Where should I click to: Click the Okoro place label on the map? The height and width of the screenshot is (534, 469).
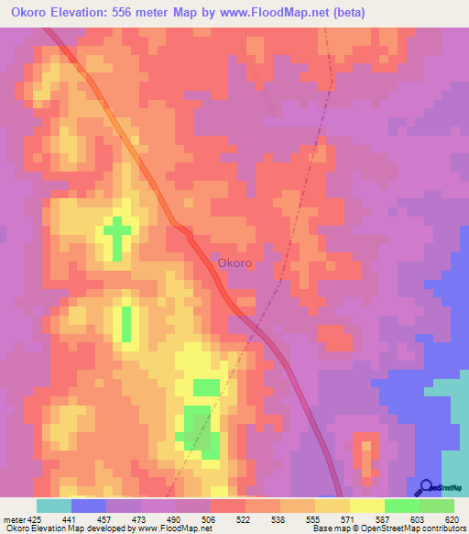pyautogui.click(x=234, y=263)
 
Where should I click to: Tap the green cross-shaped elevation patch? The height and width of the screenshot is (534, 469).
pyautogui.click(x=116, y=237)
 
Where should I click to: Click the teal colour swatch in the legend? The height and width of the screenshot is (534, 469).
pyautogui.click(x=54, y=506)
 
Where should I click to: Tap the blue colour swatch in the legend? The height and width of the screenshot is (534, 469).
pyautogui.click(x=89, y=506)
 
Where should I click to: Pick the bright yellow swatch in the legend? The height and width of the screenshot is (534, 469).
pyautogui.click(x=367, y=506)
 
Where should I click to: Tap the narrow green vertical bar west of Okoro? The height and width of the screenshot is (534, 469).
pyautogui.click(x=125, y=323)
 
